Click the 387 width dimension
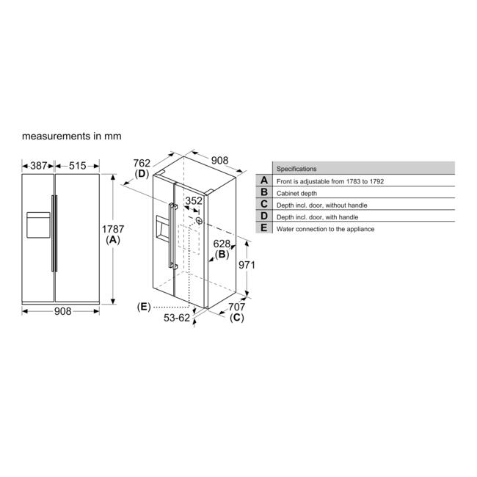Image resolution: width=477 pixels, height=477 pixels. pyautogui.click(x=38, y=166)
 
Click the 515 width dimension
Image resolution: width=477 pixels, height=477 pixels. pyautogui.click(x=77, y=166)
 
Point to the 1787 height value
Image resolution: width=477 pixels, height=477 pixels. pyautogui.click(x=113, y=229)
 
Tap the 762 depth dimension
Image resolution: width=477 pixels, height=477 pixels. pyautogui.click(x=142, y=163)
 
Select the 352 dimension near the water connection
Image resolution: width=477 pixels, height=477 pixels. pyautogui.click(x=194, y=201)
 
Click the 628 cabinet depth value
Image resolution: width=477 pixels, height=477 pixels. pyautogui.click(x=222, y=244)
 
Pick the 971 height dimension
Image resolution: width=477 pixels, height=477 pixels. pyautogui.click(x=247, y=265)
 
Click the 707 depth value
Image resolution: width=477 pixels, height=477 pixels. pyautogui.click(x=237, y=307)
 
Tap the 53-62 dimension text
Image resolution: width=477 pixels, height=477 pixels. pyautogui.click(x=177, y=318)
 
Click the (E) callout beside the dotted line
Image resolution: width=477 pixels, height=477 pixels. pyautogui.click(x=144, y=307)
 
